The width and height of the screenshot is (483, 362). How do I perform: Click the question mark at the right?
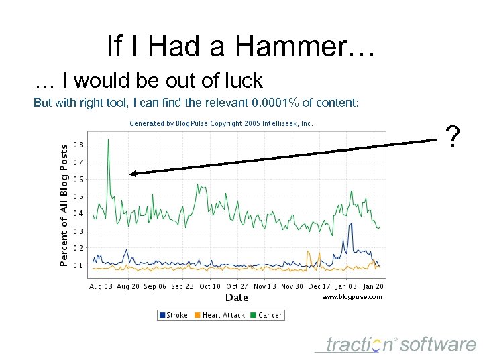pos(454,137)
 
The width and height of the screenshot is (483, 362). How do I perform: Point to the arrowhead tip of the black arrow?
pos(131,174)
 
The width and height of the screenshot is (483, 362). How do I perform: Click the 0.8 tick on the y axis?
pos(78,145)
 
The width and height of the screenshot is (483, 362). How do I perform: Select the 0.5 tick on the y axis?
pos(78,196)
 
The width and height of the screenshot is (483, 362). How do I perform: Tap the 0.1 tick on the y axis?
pos(78,265)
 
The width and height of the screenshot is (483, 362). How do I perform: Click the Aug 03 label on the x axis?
pos(101,286)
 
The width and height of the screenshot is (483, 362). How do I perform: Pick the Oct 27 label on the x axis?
pos(237,286)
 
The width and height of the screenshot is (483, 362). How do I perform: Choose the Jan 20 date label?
pos(373,286)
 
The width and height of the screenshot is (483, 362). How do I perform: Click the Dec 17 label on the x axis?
pos(319,286)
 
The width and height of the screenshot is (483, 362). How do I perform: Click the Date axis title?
pos(236,298)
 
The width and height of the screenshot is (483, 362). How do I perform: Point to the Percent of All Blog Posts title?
pos(64,204)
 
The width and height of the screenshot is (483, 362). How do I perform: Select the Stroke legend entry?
pos(173,315)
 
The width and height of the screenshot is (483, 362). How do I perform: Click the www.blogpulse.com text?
pos(352,297)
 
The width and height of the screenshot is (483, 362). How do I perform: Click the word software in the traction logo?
pos(439,345)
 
